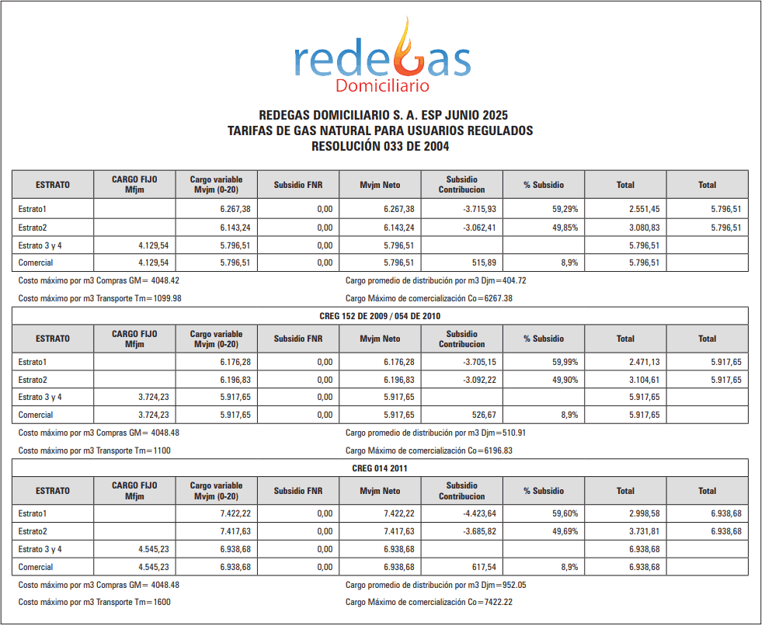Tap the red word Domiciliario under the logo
click(382, 85)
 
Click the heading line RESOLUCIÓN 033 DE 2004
click(380, 145)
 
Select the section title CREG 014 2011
click(380, 468)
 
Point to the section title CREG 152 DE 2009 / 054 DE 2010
click(380, 316)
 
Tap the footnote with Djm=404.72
click(440, 281)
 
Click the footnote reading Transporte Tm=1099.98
click(99, 298)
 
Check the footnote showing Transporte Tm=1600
click(94, 603)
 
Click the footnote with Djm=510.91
click(440, 433)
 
